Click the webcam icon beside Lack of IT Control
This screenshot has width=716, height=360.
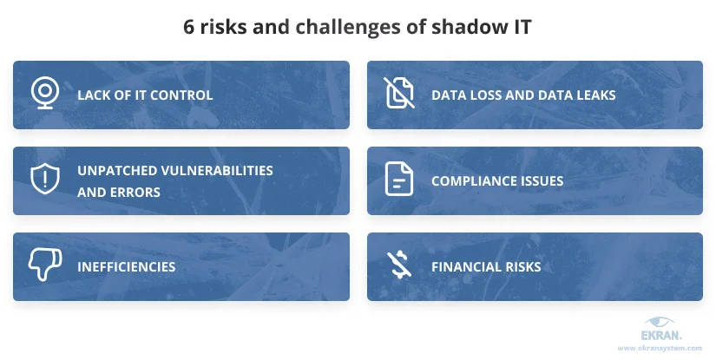coord(45,93)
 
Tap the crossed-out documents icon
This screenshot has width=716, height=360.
coord(399,93)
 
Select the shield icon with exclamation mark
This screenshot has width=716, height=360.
coord(45,180)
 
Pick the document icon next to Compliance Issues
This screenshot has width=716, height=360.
coord(399,179)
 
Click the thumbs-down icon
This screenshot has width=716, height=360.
coord(45,265)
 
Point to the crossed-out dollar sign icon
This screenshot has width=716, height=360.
coord(399,265)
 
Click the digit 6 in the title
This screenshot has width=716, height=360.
coord(189,27)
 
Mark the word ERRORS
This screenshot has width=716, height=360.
coord(136,192)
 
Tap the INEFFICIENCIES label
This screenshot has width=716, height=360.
coord(127,267)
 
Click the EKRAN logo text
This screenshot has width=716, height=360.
coord(661,336)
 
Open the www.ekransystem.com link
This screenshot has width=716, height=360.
coord(660,348)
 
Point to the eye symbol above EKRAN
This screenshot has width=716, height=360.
coord(659,321)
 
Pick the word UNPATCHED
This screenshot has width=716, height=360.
coord(109,171)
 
